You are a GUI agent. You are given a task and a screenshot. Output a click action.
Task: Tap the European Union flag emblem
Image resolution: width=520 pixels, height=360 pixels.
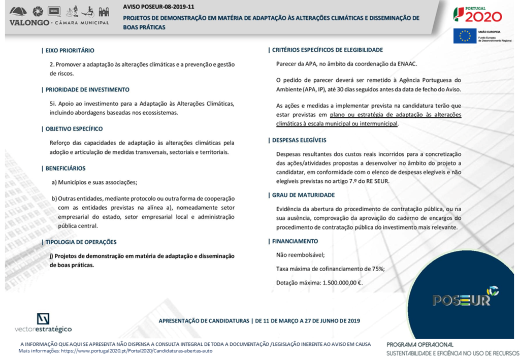click(465, 36)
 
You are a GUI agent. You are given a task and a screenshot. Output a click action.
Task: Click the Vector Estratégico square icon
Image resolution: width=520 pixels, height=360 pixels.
click(43, 319)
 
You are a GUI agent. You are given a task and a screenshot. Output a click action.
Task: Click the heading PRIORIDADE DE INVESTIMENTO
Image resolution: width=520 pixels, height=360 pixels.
click(87, 89)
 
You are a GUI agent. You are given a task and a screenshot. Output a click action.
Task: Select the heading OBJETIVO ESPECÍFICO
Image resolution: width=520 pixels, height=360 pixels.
click(74, 129)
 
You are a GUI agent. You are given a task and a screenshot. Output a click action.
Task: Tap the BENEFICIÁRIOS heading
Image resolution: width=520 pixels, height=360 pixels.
click(66, 169)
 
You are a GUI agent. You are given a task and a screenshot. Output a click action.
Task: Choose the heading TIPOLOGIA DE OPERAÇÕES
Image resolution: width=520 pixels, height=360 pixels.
click(81, 242)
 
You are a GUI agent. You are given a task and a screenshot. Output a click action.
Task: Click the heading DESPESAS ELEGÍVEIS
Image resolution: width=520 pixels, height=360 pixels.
click(299, 140)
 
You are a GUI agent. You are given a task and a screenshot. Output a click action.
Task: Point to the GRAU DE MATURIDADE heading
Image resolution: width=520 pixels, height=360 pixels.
click(303, 195)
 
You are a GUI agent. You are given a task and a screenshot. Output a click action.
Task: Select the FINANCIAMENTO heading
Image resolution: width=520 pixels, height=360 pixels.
click(295, 241)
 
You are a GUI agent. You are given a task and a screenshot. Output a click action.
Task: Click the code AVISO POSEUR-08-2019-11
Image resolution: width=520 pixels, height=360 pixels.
click(158, 7)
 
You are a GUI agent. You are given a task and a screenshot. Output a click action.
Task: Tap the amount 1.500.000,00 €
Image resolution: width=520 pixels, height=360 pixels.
click(342, 283)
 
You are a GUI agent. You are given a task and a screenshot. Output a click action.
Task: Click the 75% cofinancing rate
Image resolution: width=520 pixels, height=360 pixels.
click(377, 269)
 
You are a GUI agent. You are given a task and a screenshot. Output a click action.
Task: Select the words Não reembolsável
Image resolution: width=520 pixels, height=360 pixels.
click(300, 255)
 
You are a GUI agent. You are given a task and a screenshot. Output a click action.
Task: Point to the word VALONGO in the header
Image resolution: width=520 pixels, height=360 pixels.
click(29, 23)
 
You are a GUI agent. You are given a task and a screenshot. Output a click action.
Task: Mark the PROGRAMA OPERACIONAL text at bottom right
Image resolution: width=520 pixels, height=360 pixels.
click(419, 344)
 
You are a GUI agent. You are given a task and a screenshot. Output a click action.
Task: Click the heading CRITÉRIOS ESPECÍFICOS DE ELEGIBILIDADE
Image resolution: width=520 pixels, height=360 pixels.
click(328, 50)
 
